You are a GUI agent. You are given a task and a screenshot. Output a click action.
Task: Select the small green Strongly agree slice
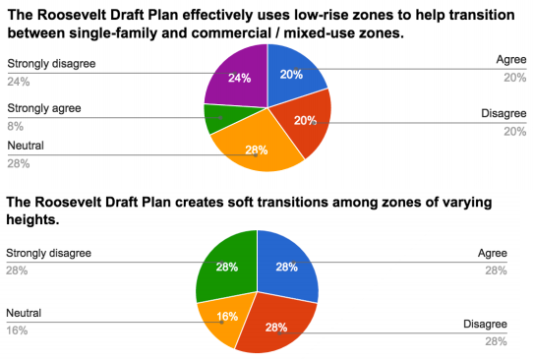[x=218, y=119]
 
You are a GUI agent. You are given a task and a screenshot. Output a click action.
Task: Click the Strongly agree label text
[x=43, y=108]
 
